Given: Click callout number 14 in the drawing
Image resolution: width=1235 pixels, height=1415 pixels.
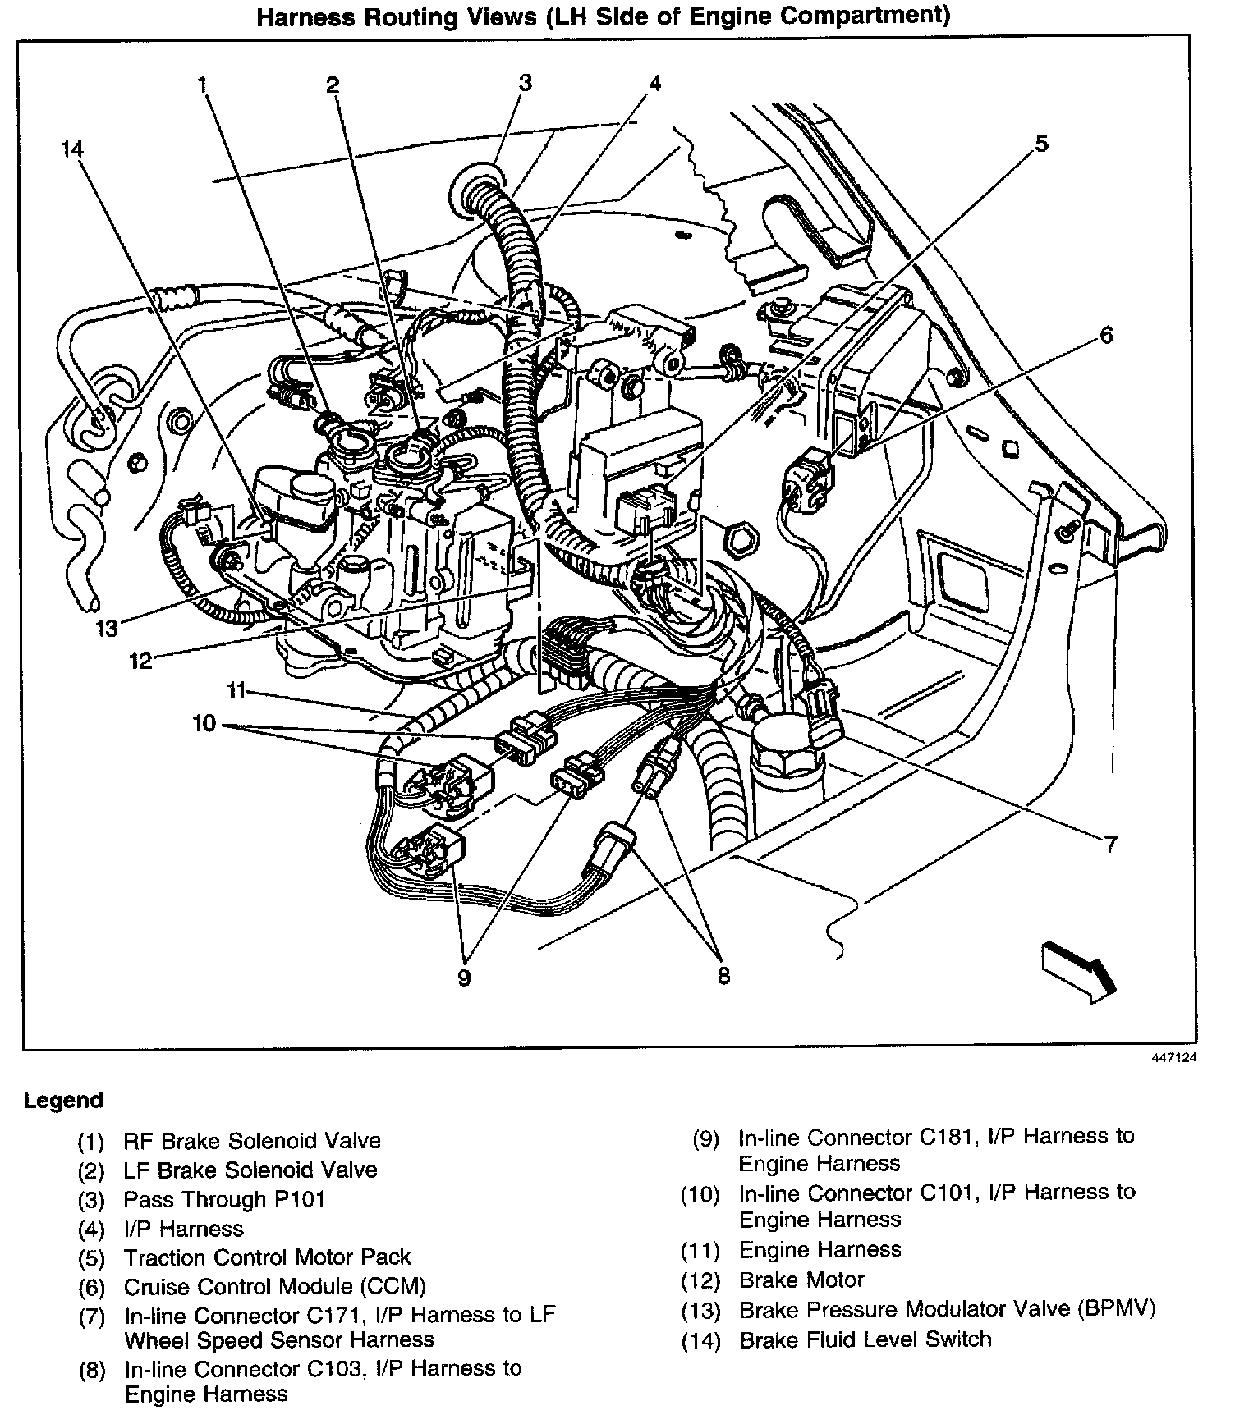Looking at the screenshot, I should pos(71,149).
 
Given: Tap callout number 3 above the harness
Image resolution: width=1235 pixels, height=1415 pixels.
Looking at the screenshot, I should pos(525,82).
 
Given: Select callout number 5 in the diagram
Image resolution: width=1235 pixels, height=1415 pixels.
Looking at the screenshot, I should pos(1040,144).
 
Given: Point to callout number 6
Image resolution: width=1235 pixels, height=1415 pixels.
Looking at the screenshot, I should pos(1106,335).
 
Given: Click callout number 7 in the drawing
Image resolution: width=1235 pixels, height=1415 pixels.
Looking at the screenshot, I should pos(1110,844).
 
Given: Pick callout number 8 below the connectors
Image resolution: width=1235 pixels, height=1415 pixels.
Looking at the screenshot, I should pos(723,976).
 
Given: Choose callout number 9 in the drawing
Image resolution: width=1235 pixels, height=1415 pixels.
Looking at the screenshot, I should pos(465,978).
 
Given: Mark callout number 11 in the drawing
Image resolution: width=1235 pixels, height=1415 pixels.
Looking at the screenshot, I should pos(236,691).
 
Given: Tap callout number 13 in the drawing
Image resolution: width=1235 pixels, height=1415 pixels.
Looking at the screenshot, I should pos(107,629).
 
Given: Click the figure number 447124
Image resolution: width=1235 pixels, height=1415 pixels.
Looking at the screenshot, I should pos(1172,1058).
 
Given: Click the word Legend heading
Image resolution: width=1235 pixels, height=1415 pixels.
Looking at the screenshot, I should pos(63,1100).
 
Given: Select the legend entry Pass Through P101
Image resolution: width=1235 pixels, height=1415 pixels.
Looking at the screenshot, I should pos(224,1199).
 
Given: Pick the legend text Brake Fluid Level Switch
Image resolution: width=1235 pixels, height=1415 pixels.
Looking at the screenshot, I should pos(865,1339).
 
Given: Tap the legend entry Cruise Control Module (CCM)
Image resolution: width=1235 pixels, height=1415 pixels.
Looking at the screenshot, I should pos(274,1287).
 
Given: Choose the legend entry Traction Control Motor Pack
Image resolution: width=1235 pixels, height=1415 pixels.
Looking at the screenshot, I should pos(267,1257).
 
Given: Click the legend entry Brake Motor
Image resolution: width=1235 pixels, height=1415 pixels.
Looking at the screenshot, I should pos(801,1280).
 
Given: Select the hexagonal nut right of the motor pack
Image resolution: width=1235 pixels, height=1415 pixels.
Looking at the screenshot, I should pos(741,538).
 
